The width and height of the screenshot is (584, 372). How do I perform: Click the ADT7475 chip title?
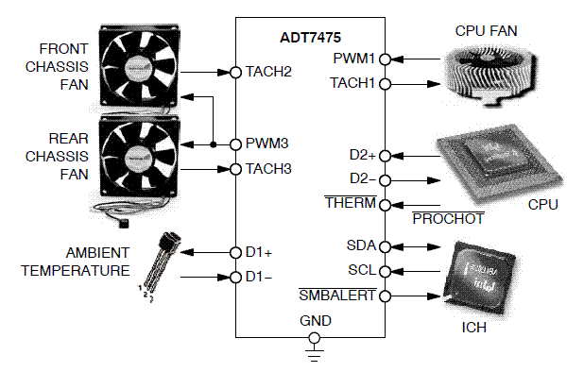point(310,37)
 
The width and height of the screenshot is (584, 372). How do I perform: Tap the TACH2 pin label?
point(268,72)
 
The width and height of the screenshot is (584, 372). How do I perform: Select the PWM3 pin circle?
point(235,144)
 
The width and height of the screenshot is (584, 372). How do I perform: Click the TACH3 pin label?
point(268,169)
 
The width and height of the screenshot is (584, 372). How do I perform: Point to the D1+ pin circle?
point(235,253)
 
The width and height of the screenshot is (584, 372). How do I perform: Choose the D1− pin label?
point(259,277)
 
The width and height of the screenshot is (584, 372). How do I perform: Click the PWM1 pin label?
point(353,59)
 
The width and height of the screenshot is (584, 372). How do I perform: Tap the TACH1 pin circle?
point(386,84)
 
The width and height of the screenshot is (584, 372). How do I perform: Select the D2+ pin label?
point(362,155)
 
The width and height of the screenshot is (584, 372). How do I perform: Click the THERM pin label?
point(351,203)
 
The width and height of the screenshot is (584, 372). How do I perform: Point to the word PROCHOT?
point(449,219)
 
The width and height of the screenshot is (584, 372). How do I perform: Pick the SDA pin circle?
point(386,246)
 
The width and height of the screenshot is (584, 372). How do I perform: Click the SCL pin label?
point(362,270)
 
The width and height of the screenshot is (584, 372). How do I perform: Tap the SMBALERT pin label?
point(337,296)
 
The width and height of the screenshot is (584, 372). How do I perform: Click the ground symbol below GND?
point(315,353)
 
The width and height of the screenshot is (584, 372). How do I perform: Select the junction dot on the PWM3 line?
point(213,144)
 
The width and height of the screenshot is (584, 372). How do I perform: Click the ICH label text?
point(473,328)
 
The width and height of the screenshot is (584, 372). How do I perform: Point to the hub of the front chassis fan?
point(139,67)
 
